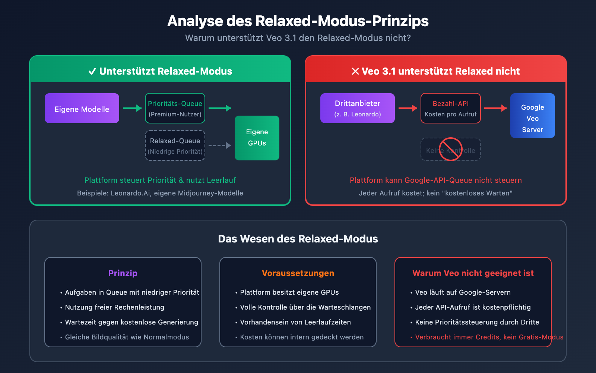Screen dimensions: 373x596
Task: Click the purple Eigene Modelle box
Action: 82,108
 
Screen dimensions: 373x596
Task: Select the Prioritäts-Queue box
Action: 175,108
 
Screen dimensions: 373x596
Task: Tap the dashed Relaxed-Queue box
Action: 175,145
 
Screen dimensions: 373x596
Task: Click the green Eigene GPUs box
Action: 257,138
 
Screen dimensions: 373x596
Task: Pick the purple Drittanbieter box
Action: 358,108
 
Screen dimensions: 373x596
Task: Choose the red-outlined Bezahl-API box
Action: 451,108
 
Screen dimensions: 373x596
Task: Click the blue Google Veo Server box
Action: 533,116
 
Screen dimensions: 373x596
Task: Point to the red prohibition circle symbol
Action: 451,149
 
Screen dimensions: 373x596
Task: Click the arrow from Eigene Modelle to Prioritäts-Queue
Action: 132,108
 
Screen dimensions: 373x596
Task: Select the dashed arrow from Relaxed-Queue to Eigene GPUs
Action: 220,145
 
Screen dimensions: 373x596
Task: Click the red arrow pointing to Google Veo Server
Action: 495,108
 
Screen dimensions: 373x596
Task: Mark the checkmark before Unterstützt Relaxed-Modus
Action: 92,71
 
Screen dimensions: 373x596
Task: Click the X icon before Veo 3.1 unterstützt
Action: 355,71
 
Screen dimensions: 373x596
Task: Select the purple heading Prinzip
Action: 123,273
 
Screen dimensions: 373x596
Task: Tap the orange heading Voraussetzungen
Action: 298,273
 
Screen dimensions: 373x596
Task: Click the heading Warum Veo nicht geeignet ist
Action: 473,273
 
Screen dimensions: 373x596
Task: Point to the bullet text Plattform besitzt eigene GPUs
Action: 289,292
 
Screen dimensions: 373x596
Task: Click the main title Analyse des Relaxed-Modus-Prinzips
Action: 298,21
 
